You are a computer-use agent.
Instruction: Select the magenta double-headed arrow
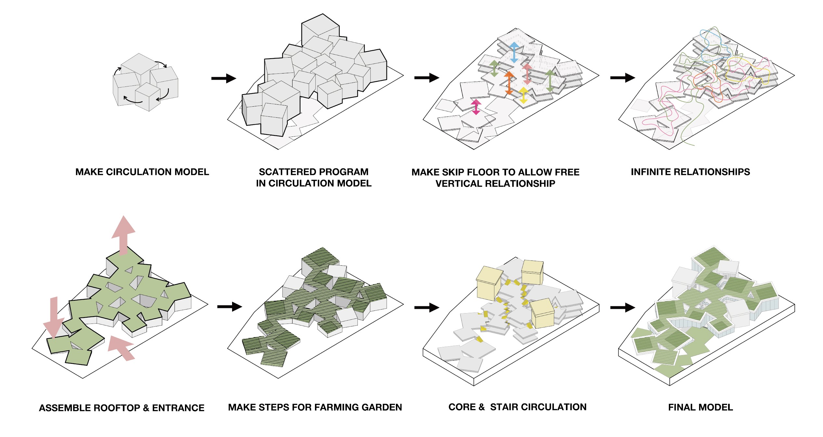tap(476, 107)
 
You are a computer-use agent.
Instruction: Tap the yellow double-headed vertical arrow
tap(523, 95)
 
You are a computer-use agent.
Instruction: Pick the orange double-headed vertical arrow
tap(509, 83)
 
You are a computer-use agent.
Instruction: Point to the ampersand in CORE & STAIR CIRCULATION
tap(481, 407)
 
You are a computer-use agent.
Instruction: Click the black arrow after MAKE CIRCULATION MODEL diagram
tap(224, 78)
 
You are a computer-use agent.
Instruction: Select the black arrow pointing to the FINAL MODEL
tap(622, 307)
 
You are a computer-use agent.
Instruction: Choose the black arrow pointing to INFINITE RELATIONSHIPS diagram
tap(622, 78)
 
